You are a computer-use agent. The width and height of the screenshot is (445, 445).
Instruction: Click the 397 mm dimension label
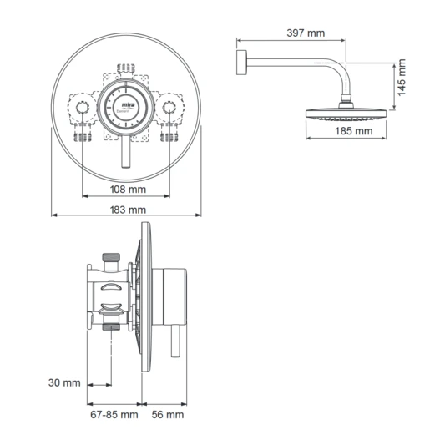(304, 33)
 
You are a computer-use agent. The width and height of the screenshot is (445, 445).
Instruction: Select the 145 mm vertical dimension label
(402, 78)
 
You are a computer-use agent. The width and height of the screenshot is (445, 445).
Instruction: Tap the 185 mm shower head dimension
(354, 131)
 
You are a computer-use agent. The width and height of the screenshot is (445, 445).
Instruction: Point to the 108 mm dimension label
(126, 189)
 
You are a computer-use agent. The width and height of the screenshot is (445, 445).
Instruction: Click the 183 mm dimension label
(126, 210)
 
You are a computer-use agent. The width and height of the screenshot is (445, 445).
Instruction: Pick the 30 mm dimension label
(64, 383)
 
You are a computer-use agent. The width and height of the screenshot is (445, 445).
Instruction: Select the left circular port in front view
(83, 109)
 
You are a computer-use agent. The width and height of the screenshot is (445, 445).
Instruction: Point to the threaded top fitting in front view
(127, 64)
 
